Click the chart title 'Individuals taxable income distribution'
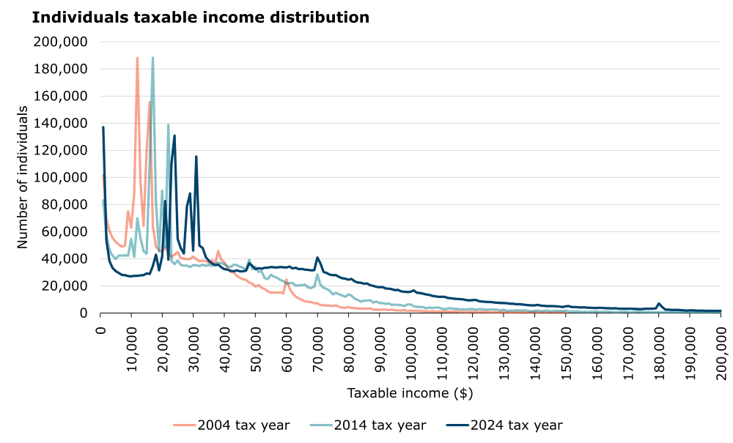point(200,17)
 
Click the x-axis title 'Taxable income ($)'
point(410,393)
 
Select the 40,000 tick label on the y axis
point(65,258)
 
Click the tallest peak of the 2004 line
point(137,58)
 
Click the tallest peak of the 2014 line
point(152,58)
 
